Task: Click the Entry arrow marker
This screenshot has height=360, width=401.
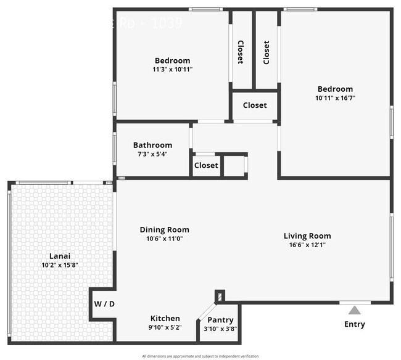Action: tap(354, 310)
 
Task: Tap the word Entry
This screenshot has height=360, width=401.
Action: tap(354, 324)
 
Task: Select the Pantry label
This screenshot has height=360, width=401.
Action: tap(220, 320)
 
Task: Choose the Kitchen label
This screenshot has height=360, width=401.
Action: tap(165, 318)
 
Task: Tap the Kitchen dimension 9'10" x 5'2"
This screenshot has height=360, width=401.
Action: tap(165, 328)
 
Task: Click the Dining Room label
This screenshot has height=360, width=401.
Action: tap(164, 229)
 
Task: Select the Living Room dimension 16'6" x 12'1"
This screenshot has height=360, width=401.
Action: tap(307, 245)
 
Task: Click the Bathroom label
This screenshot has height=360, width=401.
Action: tap(152, 145)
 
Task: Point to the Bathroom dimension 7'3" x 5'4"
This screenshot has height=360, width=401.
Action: tap(152, 154)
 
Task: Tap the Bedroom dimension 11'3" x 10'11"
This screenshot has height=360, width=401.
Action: tap(172, 70)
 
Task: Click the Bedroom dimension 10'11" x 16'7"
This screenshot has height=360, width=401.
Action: tap(336, 98)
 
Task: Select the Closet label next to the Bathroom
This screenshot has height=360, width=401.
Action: tap(206, 165)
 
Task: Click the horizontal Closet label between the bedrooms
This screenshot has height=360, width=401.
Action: tap(255, 105)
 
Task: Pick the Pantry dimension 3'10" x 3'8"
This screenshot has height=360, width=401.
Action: tap(220, 329)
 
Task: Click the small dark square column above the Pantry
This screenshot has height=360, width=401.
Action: tap(220, 297)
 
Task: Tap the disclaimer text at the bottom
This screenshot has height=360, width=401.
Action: tap(200, 356)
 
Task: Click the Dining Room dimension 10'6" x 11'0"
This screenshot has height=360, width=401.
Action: tap(164, 239)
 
